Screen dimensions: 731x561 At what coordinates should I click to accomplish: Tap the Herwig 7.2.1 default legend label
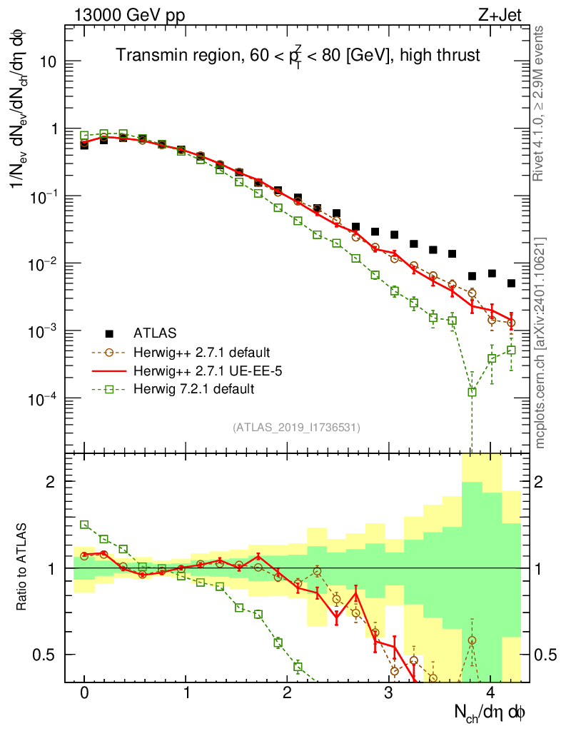pyautogui.click(x=194, y=389)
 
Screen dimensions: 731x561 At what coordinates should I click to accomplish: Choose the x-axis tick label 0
pyautogui.click(x=84, y=692)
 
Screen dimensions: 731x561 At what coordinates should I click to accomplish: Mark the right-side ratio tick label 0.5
pyautogui.click(x=546, y=655)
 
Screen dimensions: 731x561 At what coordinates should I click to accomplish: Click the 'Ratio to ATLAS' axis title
pyautogui.click(x=23, y=568)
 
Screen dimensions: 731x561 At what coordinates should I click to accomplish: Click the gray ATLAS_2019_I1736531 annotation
pyautogui.click(x=296, y=428)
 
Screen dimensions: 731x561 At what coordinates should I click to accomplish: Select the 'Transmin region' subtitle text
pyautogui.click(x=298, y=55)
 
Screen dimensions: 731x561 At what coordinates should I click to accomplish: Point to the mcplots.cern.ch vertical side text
pyautogui.click(x=540, y=343)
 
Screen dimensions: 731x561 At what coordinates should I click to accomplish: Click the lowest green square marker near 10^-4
pyautogui.click(x=472, y=392)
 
